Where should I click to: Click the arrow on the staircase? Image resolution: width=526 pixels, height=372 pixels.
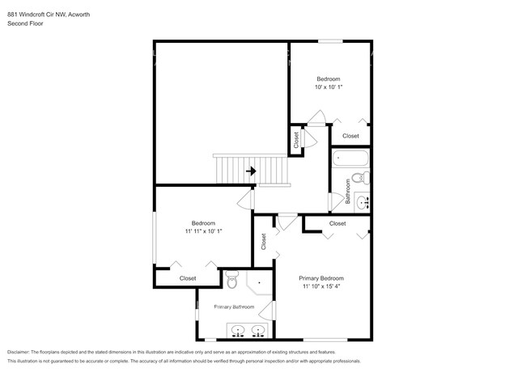point(252,171)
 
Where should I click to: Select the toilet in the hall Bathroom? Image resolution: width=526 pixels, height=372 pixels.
point(364,179)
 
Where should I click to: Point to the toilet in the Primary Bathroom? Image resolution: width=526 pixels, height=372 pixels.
point(231,282)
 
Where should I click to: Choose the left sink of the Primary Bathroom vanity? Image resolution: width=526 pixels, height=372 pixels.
point(239,330)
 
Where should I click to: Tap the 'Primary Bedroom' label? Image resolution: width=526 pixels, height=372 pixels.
point(329,278)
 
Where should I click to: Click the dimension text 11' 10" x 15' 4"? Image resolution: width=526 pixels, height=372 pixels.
point(329,286)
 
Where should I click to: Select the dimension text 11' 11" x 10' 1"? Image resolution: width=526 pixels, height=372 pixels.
point(203,230)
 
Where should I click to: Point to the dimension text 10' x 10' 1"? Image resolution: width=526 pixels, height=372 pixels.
point(329,87)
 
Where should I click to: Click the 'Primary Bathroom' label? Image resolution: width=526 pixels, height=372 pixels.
point(234,307)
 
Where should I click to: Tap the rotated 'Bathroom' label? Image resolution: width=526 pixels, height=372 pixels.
point(348,197)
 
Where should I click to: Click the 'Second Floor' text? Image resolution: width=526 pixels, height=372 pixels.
point(26,23)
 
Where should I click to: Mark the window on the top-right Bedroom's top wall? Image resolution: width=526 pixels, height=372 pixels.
point(329,41)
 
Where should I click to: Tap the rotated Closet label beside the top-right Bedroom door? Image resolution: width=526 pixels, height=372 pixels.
point(296,140)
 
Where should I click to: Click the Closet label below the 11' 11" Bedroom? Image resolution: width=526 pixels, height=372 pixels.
point(188,278)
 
